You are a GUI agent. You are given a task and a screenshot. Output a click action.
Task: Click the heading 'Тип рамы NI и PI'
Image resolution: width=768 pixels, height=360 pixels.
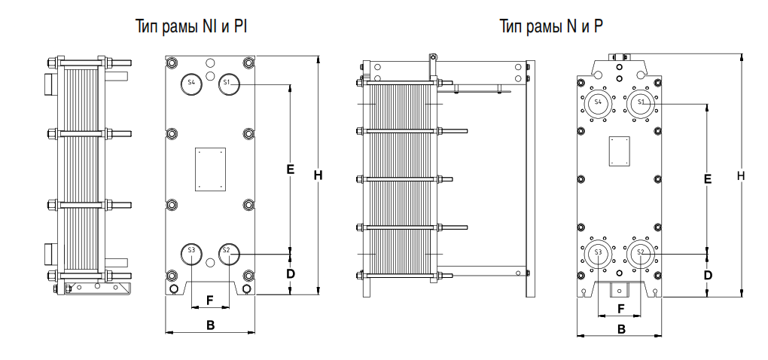pos(191,28)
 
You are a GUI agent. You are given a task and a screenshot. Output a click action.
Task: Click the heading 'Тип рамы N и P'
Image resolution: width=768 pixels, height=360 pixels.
pos(551,28)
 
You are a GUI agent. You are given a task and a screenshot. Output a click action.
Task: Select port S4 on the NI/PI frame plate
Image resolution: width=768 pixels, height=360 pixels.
pos(191,82)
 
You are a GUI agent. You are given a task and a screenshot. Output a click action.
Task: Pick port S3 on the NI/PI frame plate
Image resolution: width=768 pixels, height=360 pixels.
pos(191,251)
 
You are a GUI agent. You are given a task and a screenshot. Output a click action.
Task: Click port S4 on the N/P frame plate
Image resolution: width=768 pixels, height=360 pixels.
pos(599,102)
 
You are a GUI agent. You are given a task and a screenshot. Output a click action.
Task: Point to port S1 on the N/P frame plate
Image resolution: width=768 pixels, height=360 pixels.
pos(642,102)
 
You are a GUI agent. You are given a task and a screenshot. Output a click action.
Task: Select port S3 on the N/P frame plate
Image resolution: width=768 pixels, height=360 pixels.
pos(599,252)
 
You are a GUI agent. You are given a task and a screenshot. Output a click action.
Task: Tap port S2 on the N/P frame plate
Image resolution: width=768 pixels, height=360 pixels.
pos(642,252)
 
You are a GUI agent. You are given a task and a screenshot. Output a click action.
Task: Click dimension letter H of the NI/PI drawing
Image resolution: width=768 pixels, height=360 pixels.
pos(318,175)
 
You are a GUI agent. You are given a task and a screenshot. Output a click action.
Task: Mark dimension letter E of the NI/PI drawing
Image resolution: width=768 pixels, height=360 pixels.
pos(290,169)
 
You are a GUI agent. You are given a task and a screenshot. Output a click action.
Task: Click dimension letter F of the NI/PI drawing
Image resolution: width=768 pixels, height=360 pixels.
pos(210,300)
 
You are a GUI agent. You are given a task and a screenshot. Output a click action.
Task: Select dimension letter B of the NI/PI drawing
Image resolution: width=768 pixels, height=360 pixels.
pos(211,325)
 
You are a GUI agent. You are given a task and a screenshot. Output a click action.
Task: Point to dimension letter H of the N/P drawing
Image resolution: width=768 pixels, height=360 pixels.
pos(742,175)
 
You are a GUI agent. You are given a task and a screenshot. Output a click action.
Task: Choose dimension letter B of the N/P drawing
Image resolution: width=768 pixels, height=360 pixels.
pos(621,328)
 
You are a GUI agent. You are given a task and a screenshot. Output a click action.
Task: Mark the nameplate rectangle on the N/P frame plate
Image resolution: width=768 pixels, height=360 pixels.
pos(620,150)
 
